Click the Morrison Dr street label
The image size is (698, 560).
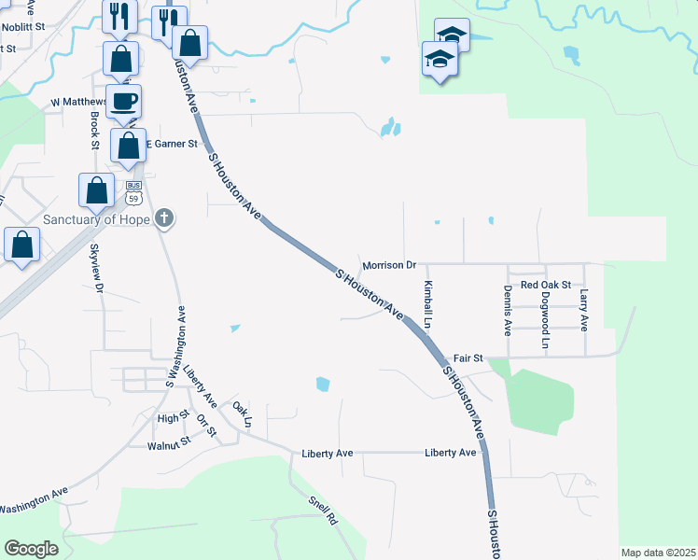pyautogui.click(x=388, y=265)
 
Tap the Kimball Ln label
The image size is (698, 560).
pyautogui.click(x=428, y=305)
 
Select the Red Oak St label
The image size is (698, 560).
pyautogui.click(x=545, y=284)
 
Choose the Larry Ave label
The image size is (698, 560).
pyautogui.click(x=584, y=310)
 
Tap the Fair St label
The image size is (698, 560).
pyautogui.click(x=468, y=357)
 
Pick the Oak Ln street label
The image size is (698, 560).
pyautogui.click(x=243, y=413)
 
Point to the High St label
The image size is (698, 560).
pyautogui.click(x=174, y=418)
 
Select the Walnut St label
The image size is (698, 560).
pyautogui.click(x=169, y=445)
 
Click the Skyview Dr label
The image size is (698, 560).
pyautogui.click(x=95, y=269)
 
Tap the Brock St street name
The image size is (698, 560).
pyautogui.click(x=95, y=131)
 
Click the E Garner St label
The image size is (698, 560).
pyautogui.click(x=172, y=144)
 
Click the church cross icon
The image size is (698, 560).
pyautogui.click(x=164, y=219)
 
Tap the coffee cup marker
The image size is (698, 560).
pyautogui.click(x=122, y=102)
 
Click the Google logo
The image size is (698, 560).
pyautogui.click(x=31, y=548)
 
